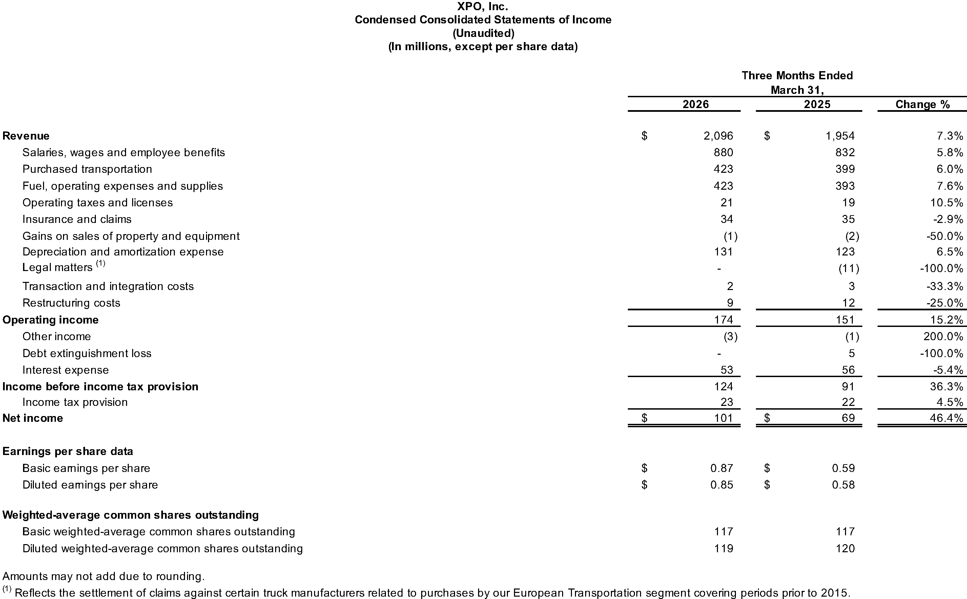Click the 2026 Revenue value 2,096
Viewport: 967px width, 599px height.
point(718,136)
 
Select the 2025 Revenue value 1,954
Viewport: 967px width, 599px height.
point(840,136)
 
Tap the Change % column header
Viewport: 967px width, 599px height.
point(922,104)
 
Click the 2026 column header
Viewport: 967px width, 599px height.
point(695,104)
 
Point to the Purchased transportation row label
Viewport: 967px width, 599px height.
point(87,169)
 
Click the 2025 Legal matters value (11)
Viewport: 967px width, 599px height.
point(848,269)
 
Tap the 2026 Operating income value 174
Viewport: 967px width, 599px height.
point(723,320)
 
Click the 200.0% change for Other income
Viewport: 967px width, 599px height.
point(943,336)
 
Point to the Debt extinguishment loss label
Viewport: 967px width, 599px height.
point(87,353)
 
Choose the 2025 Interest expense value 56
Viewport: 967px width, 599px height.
point(848,370)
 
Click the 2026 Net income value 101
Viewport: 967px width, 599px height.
point(723,418)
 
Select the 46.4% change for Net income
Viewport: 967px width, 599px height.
point(947,418)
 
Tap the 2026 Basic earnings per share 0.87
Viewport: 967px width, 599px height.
point(721,468)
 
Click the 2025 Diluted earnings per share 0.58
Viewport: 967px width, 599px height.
point(843,484)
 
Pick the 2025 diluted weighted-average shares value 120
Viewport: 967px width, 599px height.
point(845,548)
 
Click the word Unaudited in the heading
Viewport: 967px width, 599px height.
point(483,33)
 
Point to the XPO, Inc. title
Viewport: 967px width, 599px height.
point(482,6)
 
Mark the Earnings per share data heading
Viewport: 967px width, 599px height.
point(67,451)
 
